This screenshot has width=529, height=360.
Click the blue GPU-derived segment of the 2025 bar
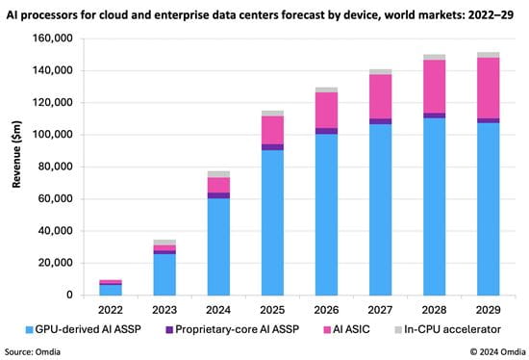pyautogui.click(x=247, y=222)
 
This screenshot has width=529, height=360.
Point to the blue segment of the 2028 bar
pyautogui.click(x=435, y=206)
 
